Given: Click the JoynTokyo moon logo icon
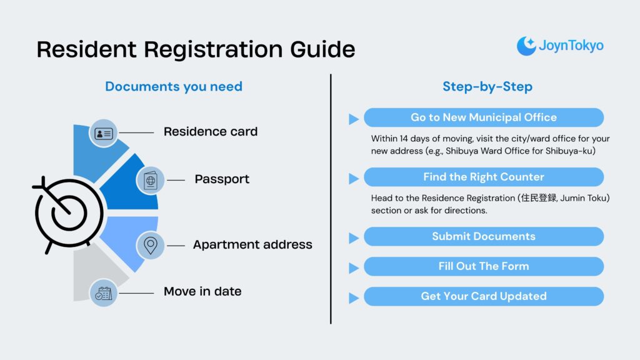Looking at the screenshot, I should point(526,46).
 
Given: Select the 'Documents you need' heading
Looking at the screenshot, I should point(173,86).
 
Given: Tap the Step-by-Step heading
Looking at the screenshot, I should point(487,86).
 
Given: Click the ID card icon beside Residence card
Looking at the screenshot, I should point(103,133).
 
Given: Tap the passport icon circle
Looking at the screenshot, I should point(151,180).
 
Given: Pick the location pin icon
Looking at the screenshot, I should point(151,245).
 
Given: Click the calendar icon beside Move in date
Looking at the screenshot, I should point(103,292).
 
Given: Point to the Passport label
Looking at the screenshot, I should point(222,179).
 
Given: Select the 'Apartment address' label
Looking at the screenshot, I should point(252,244).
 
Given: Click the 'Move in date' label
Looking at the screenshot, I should point(202,291).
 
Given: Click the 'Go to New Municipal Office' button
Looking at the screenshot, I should point(484,117).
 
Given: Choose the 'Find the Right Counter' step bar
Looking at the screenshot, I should point(484,177).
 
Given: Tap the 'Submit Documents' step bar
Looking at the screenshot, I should point(484,236).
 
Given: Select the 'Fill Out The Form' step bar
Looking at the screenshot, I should point(484,266).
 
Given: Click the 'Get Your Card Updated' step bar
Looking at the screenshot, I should point(484,296).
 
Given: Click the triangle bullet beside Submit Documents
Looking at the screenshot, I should point(354,237).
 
